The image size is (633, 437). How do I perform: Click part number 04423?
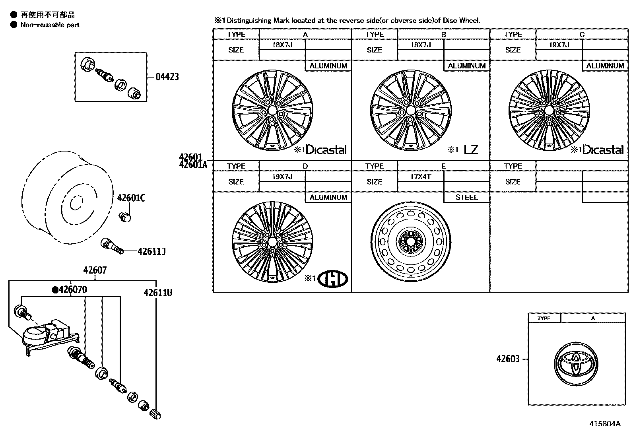click(x=167, y=76)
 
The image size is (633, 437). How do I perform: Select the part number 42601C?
click(x=131, y=198)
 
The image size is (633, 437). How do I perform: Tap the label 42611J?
click(x=151, y=251)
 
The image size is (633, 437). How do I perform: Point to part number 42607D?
click(x=70, y=289)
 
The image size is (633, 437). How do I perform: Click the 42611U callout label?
click(x=157, y=293)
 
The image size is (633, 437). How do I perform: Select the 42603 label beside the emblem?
click(x=508, y=359)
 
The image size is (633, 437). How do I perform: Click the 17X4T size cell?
click(x=420, y=176)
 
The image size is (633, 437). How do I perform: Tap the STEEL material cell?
click(x=466, y=197)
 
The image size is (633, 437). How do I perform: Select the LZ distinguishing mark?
click(x=471, y=150)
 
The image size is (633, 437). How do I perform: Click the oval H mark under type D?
click(x=334, y=278)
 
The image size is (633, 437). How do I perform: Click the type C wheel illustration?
click(x=549, y=111)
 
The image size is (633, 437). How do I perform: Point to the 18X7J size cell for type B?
click(x=420, y=45)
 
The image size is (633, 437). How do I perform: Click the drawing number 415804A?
click(x=604, y=424)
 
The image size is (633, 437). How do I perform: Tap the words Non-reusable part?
click(x=50, y=25)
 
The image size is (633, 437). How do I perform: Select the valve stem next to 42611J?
click(x=112, y=246)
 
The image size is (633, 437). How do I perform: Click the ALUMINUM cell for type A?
click(x=328, y=66)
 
